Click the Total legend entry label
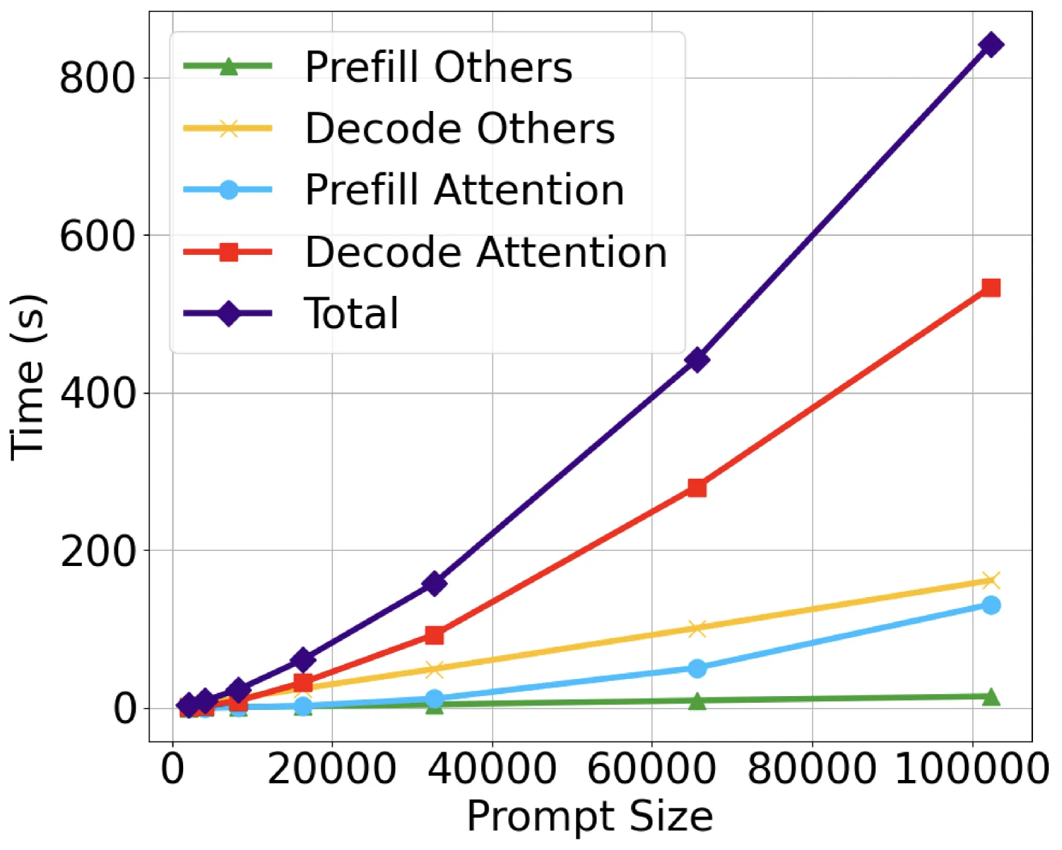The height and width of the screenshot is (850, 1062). (x=351, y=313)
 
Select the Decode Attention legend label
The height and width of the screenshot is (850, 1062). (x=486, y=252)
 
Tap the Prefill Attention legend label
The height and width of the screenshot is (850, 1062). (x=465, y=190)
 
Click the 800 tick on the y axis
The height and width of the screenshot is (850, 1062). (x=97, y=78)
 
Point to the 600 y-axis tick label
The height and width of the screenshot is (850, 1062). (x=97, y=236)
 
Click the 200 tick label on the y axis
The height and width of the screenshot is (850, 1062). (x=97, y=551)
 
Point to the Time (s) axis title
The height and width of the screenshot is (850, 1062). (x=28, y=377)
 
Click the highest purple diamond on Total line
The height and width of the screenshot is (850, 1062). (x=991, y=45)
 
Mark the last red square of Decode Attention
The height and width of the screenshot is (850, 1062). (x=991, y=287)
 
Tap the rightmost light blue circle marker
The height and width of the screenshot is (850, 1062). (x=991, y=606)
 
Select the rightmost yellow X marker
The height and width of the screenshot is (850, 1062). (x=991, y=581)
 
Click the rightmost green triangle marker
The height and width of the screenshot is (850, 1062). (x=991, y=697)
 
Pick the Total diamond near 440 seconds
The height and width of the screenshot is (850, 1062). (x=697, y=360)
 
